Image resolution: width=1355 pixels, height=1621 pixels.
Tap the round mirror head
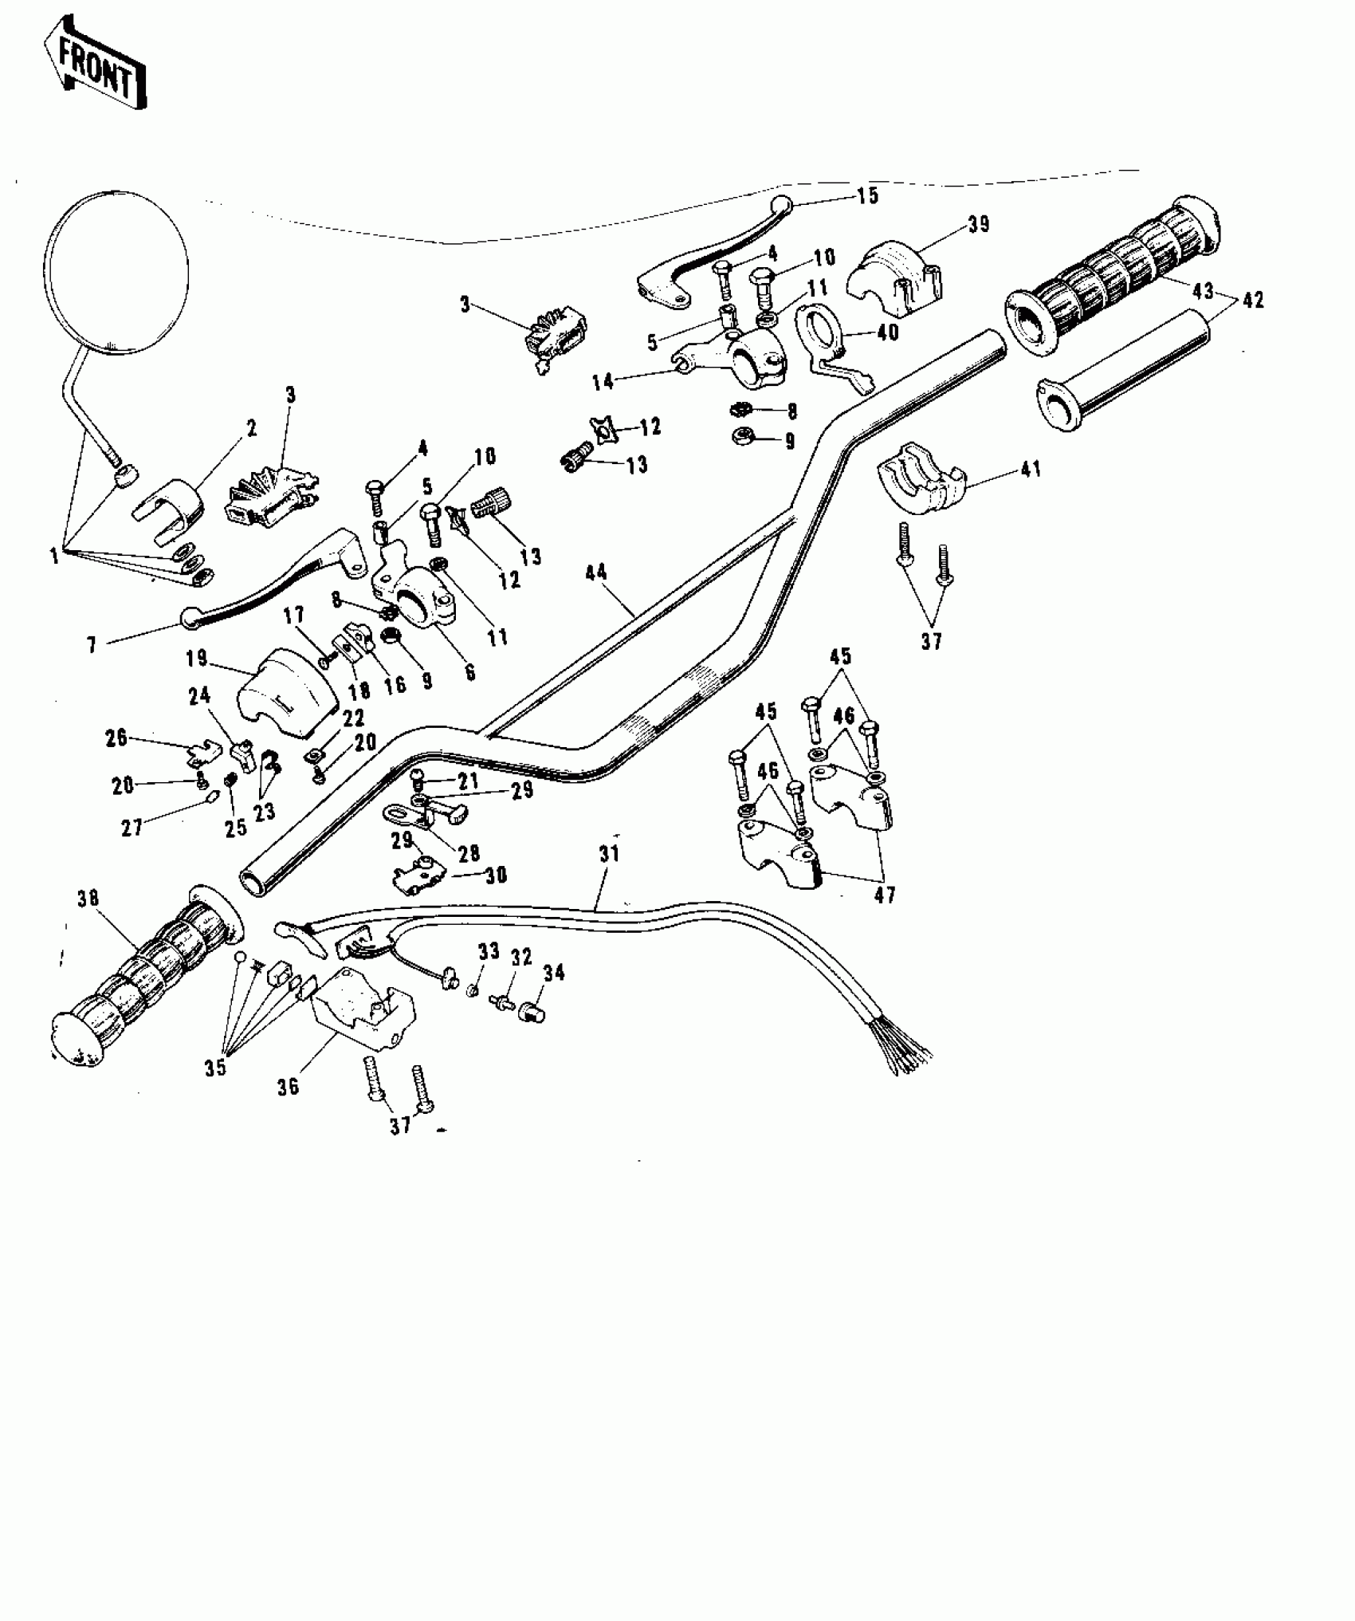118,271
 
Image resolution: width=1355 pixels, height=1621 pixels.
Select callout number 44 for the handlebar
595,572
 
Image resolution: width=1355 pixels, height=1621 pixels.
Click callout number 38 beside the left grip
88,899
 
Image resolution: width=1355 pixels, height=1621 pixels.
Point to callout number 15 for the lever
867,195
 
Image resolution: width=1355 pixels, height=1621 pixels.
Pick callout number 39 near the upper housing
978,224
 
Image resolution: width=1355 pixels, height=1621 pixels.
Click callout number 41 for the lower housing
1031,470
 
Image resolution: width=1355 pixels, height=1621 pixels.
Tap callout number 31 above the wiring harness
609,854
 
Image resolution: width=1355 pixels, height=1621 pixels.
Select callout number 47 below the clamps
885,895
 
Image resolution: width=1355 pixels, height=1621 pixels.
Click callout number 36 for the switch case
289,1086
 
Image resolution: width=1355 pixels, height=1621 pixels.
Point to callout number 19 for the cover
197,659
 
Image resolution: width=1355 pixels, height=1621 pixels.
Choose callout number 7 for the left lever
92,645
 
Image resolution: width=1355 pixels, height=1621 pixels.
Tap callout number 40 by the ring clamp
887,331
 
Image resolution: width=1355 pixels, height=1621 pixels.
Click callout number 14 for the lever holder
603,382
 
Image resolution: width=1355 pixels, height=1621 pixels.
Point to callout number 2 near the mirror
252,429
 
